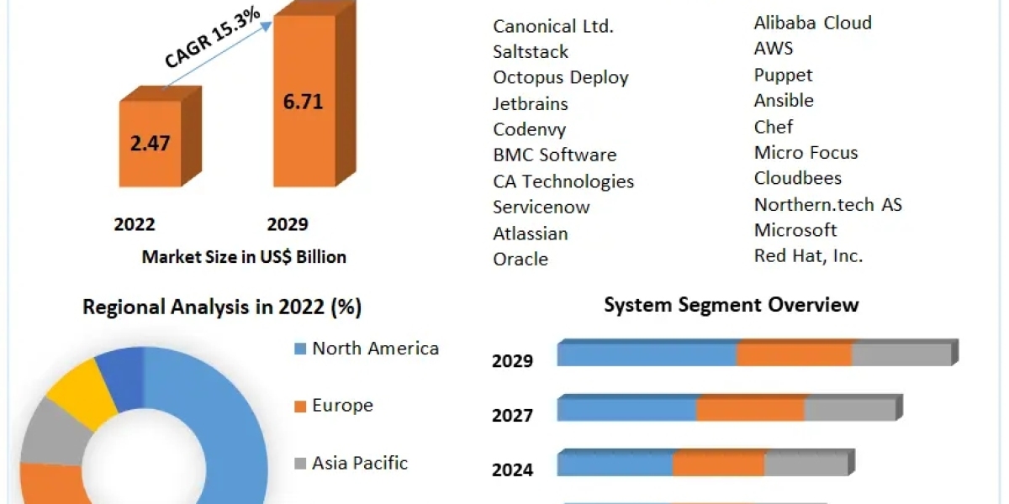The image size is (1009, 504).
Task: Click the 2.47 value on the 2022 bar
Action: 150,143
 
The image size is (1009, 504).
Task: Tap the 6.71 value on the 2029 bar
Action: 302,102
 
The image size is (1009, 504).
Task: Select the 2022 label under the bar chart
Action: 135,224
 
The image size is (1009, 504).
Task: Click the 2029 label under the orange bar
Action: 288,224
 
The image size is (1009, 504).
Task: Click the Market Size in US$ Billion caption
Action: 244,257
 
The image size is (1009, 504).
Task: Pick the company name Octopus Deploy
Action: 561,77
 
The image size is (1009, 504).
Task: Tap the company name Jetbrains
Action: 531,104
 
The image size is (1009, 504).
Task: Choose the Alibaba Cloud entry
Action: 812,23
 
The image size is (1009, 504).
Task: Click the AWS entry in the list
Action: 774,48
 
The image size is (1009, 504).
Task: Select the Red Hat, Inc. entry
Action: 808,255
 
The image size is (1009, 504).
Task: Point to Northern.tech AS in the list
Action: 827,204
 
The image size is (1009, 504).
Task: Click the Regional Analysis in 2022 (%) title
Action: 222,307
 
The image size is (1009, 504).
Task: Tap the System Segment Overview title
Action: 732,304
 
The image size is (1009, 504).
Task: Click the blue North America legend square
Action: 300,349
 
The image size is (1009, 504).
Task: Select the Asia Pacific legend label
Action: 360,463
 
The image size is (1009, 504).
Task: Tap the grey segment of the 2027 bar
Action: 850,409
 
